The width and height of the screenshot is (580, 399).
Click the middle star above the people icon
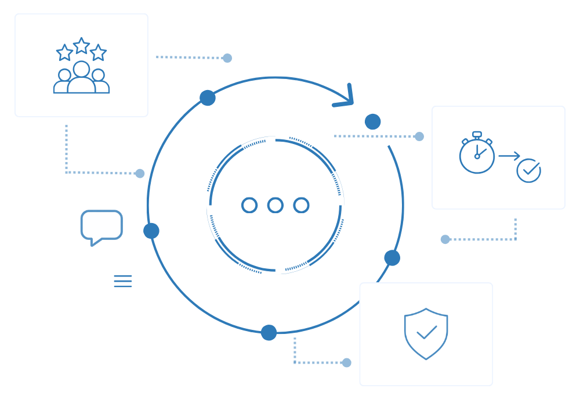coord(81,46)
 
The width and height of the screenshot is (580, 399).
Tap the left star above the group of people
coord(64,53)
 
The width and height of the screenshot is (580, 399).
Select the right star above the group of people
coord(98,53)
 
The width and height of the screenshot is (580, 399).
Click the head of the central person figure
coord(81,69)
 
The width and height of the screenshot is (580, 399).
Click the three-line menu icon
coord(123,281)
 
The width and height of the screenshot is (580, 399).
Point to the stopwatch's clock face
coord(477,156)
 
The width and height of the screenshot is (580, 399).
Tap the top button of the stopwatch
coord(477,134)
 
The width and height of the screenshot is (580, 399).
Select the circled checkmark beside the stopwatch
coord(528,171)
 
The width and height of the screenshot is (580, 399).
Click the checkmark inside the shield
coord(426,332)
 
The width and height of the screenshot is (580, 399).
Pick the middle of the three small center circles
coord(275,205)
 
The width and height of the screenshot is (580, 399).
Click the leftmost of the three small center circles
coord(249,205)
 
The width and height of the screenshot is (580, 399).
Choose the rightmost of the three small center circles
coord(301,205)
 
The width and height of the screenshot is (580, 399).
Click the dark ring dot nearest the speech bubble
coord(151,231)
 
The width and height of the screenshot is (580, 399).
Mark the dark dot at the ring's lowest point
coord(269,333)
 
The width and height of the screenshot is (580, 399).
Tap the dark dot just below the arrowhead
coord(373,122)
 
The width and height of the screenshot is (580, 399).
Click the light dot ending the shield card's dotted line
coord(347,362)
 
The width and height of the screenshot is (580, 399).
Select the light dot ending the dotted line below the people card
coord(140,173)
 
